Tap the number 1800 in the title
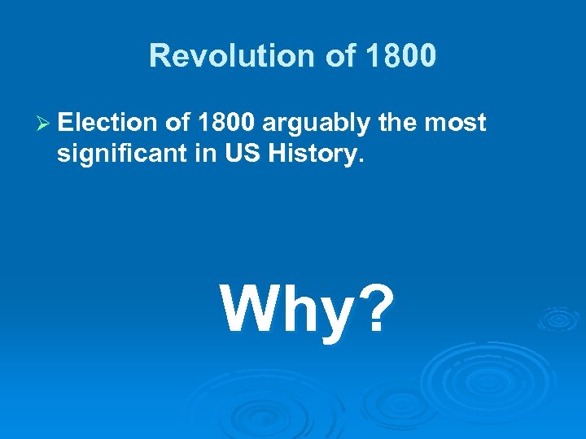coord(401,55)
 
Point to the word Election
coord(106,123)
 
